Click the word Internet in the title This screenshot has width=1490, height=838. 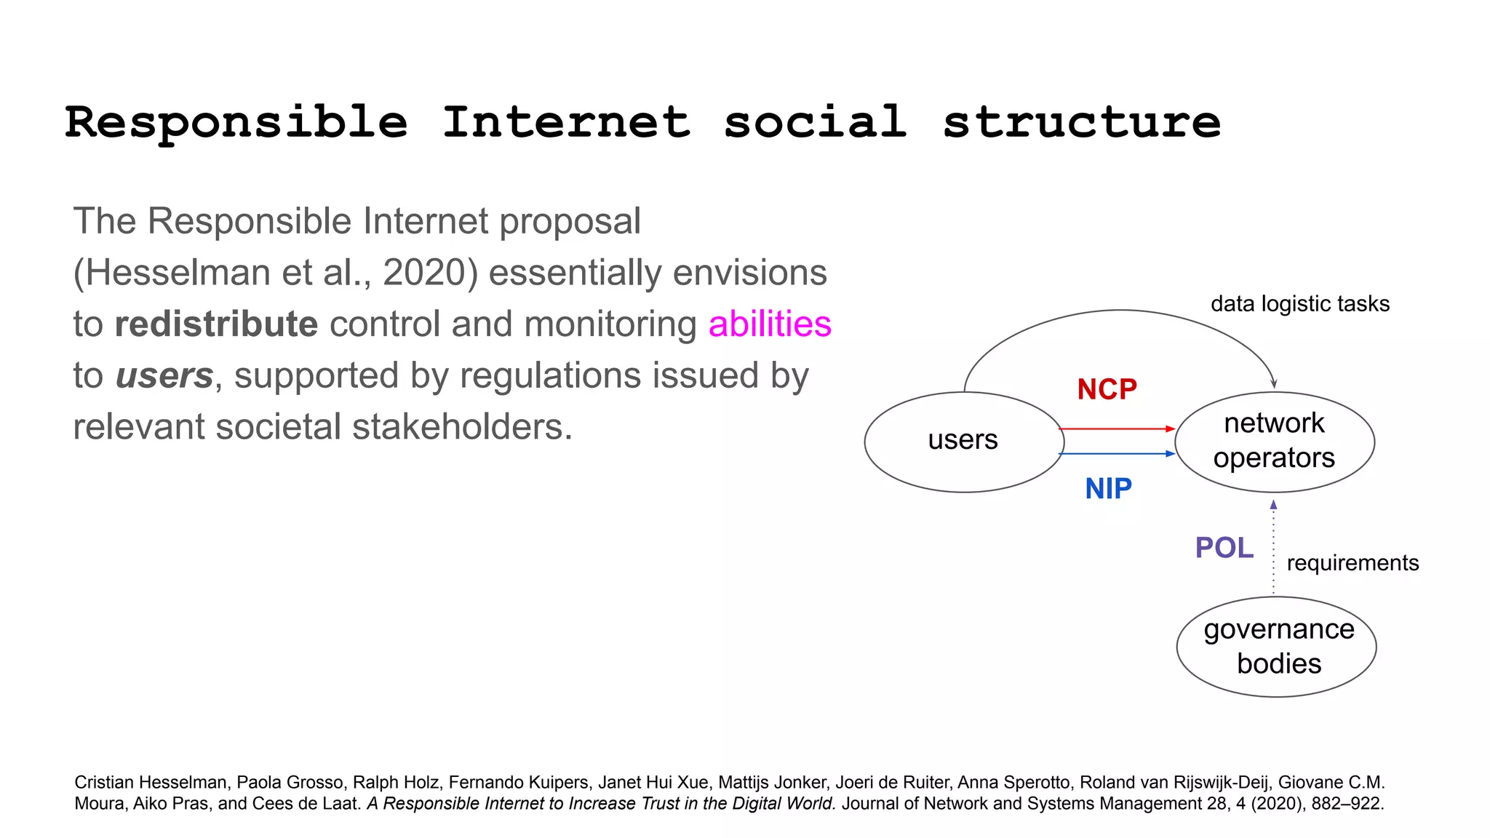click(x=566, y=121)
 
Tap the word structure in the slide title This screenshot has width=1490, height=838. click(x=1081, y=121)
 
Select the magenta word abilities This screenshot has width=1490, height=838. click(x=769, y=324)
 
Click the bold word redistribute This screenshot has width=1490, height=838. click(x=216, y=324)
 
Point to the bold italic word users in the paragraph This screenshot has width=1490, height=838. click(x=164, y=375)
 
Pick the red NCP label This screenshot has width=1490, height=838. click(x=1107, y=390)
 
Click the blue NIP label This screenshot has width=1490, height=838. click(x=1108, y=489)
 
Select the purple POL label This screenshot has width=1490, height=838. click(x=1224, y=548)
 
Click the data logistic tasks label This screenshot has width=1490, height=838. click(x=1299, y=304)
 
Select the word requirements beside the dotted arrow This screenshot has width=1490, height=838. click(x=1352, y=563)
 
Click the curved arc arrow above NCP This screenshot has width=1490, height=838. click(x=1120, y=311)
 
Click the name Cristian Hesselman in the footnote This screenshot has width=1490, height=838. click(x=151, y=783)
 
